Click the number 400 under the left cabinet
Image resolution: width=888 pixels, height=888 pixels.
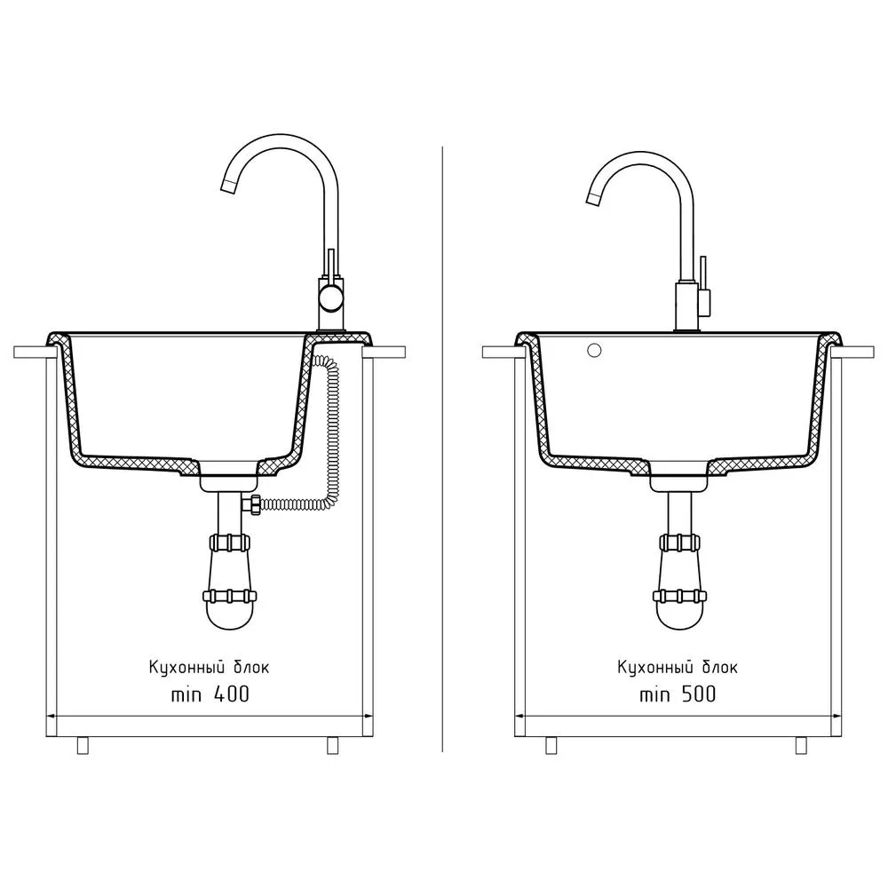[x=232, y=694]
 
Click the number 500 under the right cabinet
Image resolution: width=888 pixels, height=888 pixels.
[x=698, y=694]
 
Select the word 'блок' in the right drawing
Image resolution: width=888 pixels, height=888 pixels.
[x=720, y=667]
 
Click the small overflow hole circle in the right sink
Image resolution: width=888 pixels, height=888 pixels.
[x=594, y=351]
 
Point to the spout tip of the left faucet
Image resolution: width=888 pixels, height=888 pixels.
[x=227, y=186]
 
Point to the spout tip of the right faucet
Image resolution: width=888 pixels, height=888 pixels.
[x=592, y=198]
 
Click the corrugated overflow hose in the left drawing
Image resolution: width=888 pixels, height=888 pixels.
[x=328, y=431]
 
